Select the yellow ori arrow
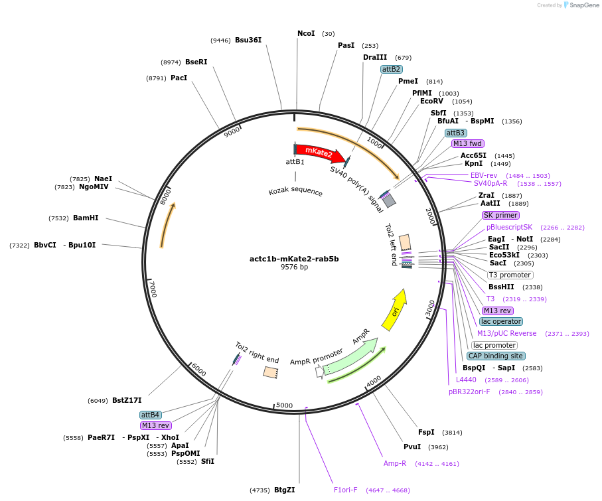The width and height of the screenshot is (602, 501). tap(394, 310)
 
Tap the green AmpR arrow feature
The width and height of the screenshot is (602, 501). tap(350, 356)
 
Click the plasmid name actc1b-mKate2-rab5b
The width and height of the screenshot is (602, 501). tap(294, 259)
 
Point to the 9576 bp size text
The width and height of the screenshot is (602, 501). tap(294, 267)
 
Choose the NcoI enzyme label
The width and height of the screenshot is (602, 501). tap(306, 33)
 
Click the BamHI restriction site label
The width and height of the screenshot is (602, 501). tap(86, 218)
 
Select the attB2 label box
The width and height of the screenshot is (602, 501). tap(391, 69)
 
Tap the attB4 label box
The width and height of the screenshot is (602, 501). tap(150, 415)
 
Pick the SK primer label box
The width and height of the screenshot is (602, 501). tap(500, 215)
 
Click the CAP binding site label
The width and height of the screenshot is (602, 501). tap(496, 356)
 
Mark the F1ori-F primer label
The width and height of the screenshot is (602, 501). tap(345, 490)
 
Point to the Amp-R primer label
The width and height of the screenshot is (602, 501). tap(395, 463)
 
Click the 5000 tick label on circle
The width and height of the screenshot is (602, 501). tap(284, 405)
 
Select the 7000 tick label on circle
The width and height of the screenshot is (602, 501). tap(153, 289)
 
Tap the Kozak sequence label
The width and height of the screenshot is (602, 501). tap(295, 192)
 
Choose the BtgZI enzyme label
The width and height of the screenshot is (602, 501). tap(284, 490)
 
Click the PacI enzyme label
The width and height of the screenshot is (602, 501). tap(179, 78)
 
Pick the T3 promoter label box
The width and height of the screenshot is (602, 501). tap(510, 275)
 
